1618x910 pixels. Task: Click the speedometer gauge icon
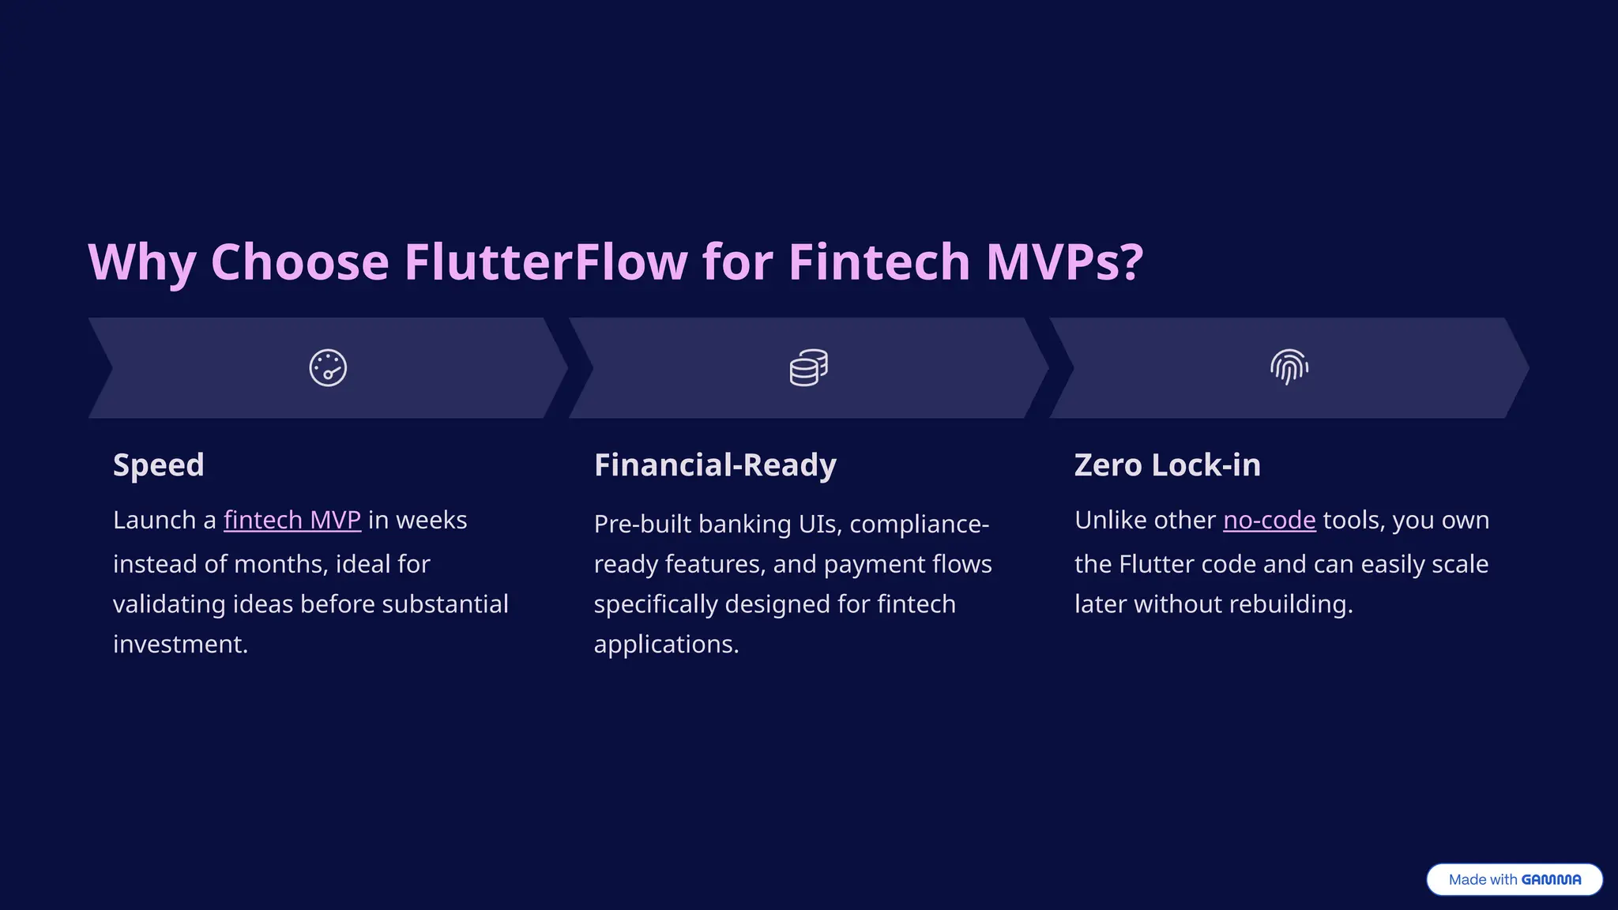click(328, 368)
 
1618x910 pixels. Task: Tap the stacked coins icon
click(808, 368)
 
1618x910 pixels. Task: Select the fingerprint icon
click(1289, 367)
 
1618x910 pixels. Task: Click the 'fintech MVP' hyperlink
click(292, 521)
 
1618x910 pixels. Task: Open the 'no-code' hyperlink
click(1269, 521)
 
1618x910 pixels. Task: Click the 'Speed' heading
click(159, 465)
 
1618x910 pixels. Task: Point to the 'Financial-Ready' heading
click(715, 465)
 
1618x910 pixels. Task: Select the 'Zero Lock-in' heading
click(1167, 465)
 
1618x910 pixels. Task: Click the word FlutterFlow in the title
click(546, 262)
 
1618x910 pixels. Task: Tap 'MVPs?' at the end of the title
click(1064, 262)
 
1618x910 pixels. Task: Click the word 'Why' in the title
click(141, 262)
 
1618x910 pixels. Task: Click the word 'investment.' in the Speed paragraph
click(180, 645)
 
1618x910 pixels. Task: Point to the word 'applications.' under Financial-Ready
click(666, 645)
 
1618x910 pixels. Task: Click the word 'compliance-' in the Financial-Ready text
click(919, 525)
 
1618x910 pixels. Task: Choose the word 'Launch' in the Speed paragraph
click(154, 521)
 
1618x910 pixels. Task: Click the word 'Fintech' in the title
click(879, 262)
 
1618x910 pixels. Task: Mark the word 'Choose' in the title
click(299, 262)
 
